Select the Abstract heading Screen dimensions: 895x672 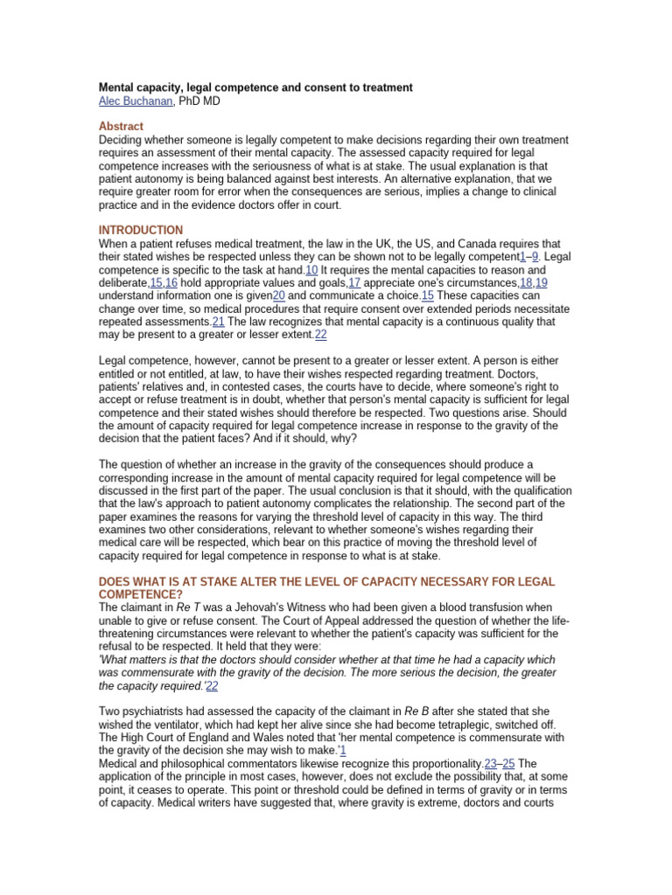121,127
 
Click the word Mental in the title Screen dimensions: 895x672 117,88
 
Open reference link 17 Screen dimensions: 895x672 354,283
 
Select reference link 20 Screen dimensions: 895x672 280,296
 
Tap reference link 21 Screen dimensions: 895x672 219,322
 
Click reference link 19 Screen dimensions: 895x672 542,283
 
